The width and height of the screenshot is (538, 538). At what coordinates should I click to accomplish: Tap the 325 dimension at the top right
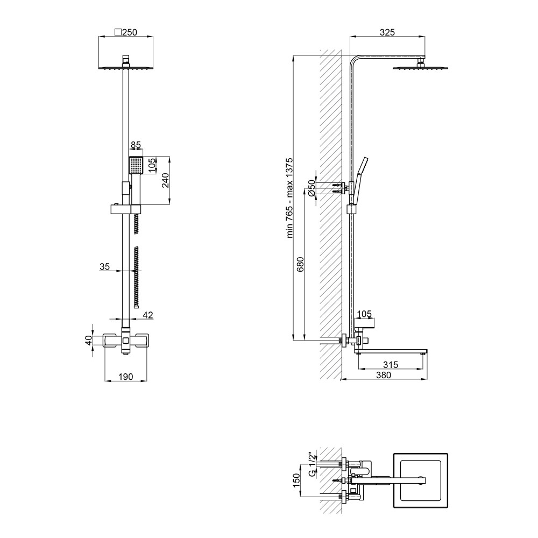[387, 32]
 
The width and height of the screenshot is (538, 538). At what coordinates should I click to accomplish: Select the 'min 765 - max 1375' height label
[289, 198]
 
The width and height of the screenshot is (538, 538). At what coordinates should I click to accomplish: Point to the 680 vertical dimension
[300, 264]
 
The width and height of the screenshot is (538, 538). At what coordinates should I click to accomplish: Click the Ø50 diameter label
[312, 188]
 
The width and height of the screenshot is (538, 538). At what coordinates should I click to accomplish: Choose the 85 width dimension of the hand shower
[136, 145]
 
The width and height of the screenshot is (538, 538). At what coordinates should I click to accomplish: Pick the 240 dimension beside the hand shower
[165, 180]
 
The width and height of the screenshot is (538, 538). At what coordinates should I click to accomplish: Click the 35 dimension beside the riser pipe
[105, 266]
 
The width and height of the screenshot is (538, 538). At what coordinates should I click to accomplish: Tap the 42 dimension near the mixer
[148, 315]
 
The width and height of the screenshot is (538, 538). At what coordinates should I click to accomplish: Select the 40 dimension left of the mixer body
[89, 341]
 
